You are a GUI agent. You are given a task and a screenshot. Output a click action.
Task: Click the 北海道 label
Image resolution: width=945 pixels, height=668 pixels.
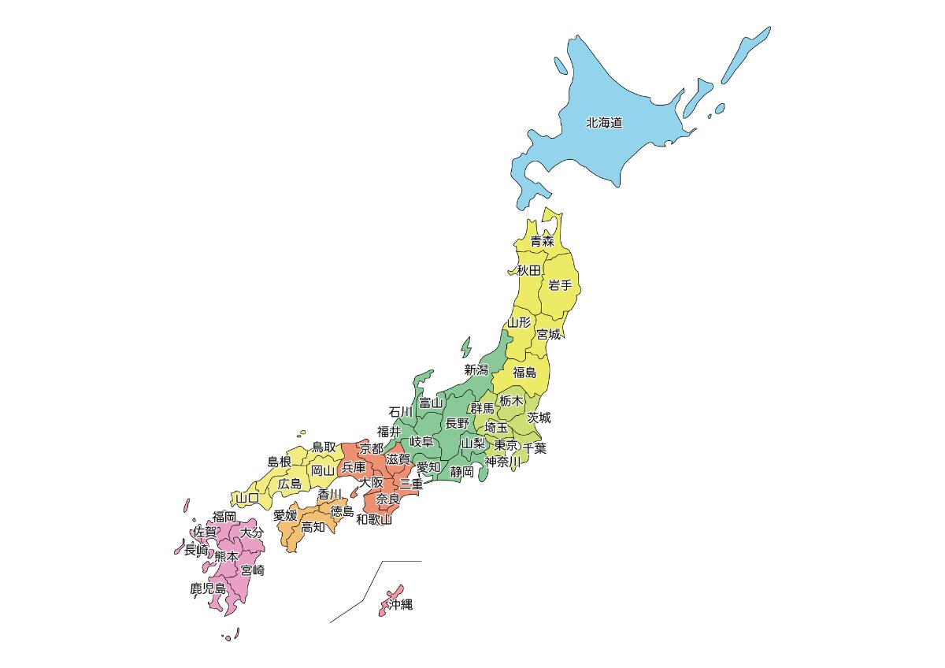click(604, 123)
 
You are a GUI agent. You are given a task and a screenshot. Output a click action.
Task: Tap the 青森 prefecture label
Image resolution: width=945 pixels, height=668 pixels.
click(541, 241)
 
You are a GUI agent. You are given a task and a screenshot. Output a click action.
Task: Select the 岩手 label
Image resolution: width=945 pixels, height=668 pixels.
click(560, 285)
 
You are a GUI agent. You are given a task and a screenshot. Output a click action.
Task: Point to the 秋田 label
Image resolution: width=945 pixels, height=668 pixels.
click(528, 270)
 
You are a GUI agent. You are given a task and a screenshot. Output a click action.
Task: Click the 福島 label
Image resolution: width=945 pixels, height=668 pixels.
click(524, 373)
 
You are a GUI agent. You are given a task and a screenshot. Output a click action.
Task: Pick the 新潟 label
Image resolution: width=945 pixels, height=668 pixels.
click(476, 369)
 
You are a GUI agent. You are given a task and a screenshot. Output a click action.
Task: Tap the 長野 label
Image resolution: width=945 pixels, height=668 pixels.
click(457, 423)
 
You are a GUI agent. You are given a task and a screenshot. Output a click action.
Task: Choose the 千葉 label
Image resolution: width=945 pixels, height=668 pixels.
click(535, 448)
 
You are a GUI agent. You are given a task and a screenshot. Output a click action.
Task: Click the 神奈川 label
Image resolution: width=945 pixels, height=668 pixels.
click(502, 461)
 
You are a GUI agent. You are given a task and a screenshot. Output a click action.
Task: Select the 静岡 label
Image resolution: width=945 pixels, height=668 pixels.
click(462, 472)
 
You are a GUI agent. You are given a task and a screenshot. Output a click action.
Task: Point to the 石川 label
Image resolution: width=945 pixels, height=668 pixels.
click(400, 411)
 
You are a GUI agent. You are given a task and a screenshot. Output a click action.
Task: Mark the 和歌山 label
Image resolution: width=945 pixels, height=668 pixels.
click(374, 519)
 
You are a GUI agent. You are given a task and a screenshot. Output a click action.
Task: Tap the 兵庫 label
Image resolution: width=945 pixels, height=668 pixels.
click(354, 467)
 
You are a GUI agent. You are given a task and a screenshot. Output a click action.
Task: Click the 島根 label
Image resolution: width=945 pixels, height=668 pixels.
click(280, 462)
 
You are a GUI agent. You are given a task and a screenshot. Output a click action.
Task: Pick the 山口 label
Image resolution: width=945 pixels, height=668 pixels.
click(247, 498)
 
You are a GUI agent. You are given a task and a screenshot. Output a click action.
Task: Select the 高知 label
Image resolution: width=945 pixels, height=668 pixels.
click(313, 527)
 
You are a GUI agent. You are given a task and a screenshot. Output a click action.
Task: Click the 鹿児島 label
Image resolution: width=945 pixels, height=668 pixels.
click(208, 588)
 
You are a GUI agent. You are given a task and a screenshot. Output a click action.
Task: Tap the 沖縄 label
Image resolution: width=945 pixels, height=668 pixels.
click(399, 605)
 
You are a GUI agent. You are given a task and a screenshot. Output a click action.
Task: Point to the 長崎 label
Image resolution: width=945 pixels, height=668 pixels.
click(196, 550)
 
